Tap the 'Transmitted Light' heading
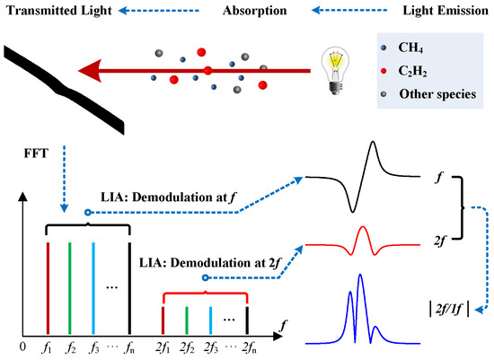pyautogui.click(x=59, y=12)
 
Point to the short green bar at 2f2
pyautogui.click(x=186, y=319)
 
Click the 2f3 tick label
pyautogui.click(x=209, y=345)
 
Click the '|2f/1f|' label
pyautogui.click(x=456, y=311)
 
